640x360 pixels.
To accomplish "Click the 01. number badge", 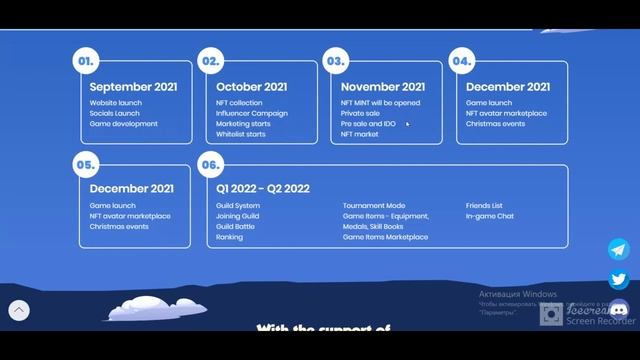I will pos(85,61).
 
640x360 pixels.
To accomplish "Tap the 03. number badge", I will pos(335,61).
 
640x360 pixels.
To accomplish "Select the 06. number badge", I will pos(210,164).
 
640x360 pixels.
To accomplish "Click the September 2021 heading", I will pos(133,87).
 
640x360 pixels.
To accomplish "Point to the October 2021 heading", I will pos(251,87).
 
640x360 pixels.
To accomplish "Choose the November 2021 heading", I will pos(383,87).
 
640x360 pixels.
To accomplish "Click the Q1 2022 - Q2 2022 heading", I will pos(263,189).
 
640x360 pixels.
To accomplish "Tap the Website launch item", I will pos(116,103).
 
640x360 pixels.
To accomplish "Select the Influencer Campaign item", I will pos(251,113).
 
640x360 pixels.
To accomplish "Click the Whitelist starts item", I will pos(241,134).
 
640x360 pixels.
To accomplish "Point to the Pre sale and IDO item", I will pos(368,124).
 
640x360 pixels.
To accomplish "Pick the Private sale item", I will pos(360,113).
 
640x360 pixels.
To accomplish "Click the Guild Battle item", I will pos(236,227).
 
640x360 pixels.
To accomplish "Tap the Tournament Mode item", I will pos(374,206).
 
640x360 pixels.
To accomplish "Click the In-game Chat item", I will pos(490,216).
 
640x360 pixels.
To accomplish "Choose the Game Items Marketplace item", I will pos(385,238).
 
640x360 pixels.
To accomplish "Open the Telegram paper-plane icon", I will pos(619,249).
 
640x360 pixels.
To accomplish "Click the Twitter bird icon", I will pos(619,280).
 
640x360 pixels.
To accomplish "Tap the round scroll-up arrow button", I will pos(18,311).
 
